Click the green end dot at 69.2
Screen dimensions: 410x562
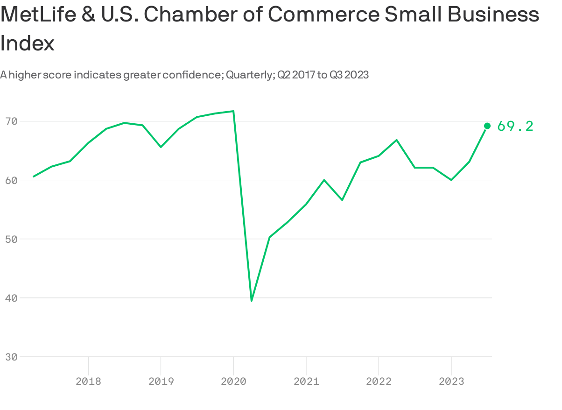487,126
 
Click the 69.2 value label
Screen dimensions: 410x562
515,126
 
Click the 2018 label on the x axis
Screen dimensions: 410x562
88,382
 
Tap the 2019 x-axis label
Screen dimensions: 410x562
161,382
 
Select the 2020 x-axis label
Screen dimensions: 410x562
233,382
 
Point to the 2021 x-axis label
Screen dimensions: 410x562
306,382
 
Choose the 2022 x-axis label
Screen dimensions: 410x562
379,382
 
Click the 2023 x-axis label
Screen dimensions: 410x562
451,382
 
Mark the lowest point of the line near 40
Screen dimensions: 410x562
252,300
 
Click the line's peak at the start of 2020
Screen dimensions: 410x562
233,111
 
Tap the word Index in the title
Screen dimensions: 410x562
28,43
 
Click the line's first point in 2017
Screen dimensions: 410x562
34,176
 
